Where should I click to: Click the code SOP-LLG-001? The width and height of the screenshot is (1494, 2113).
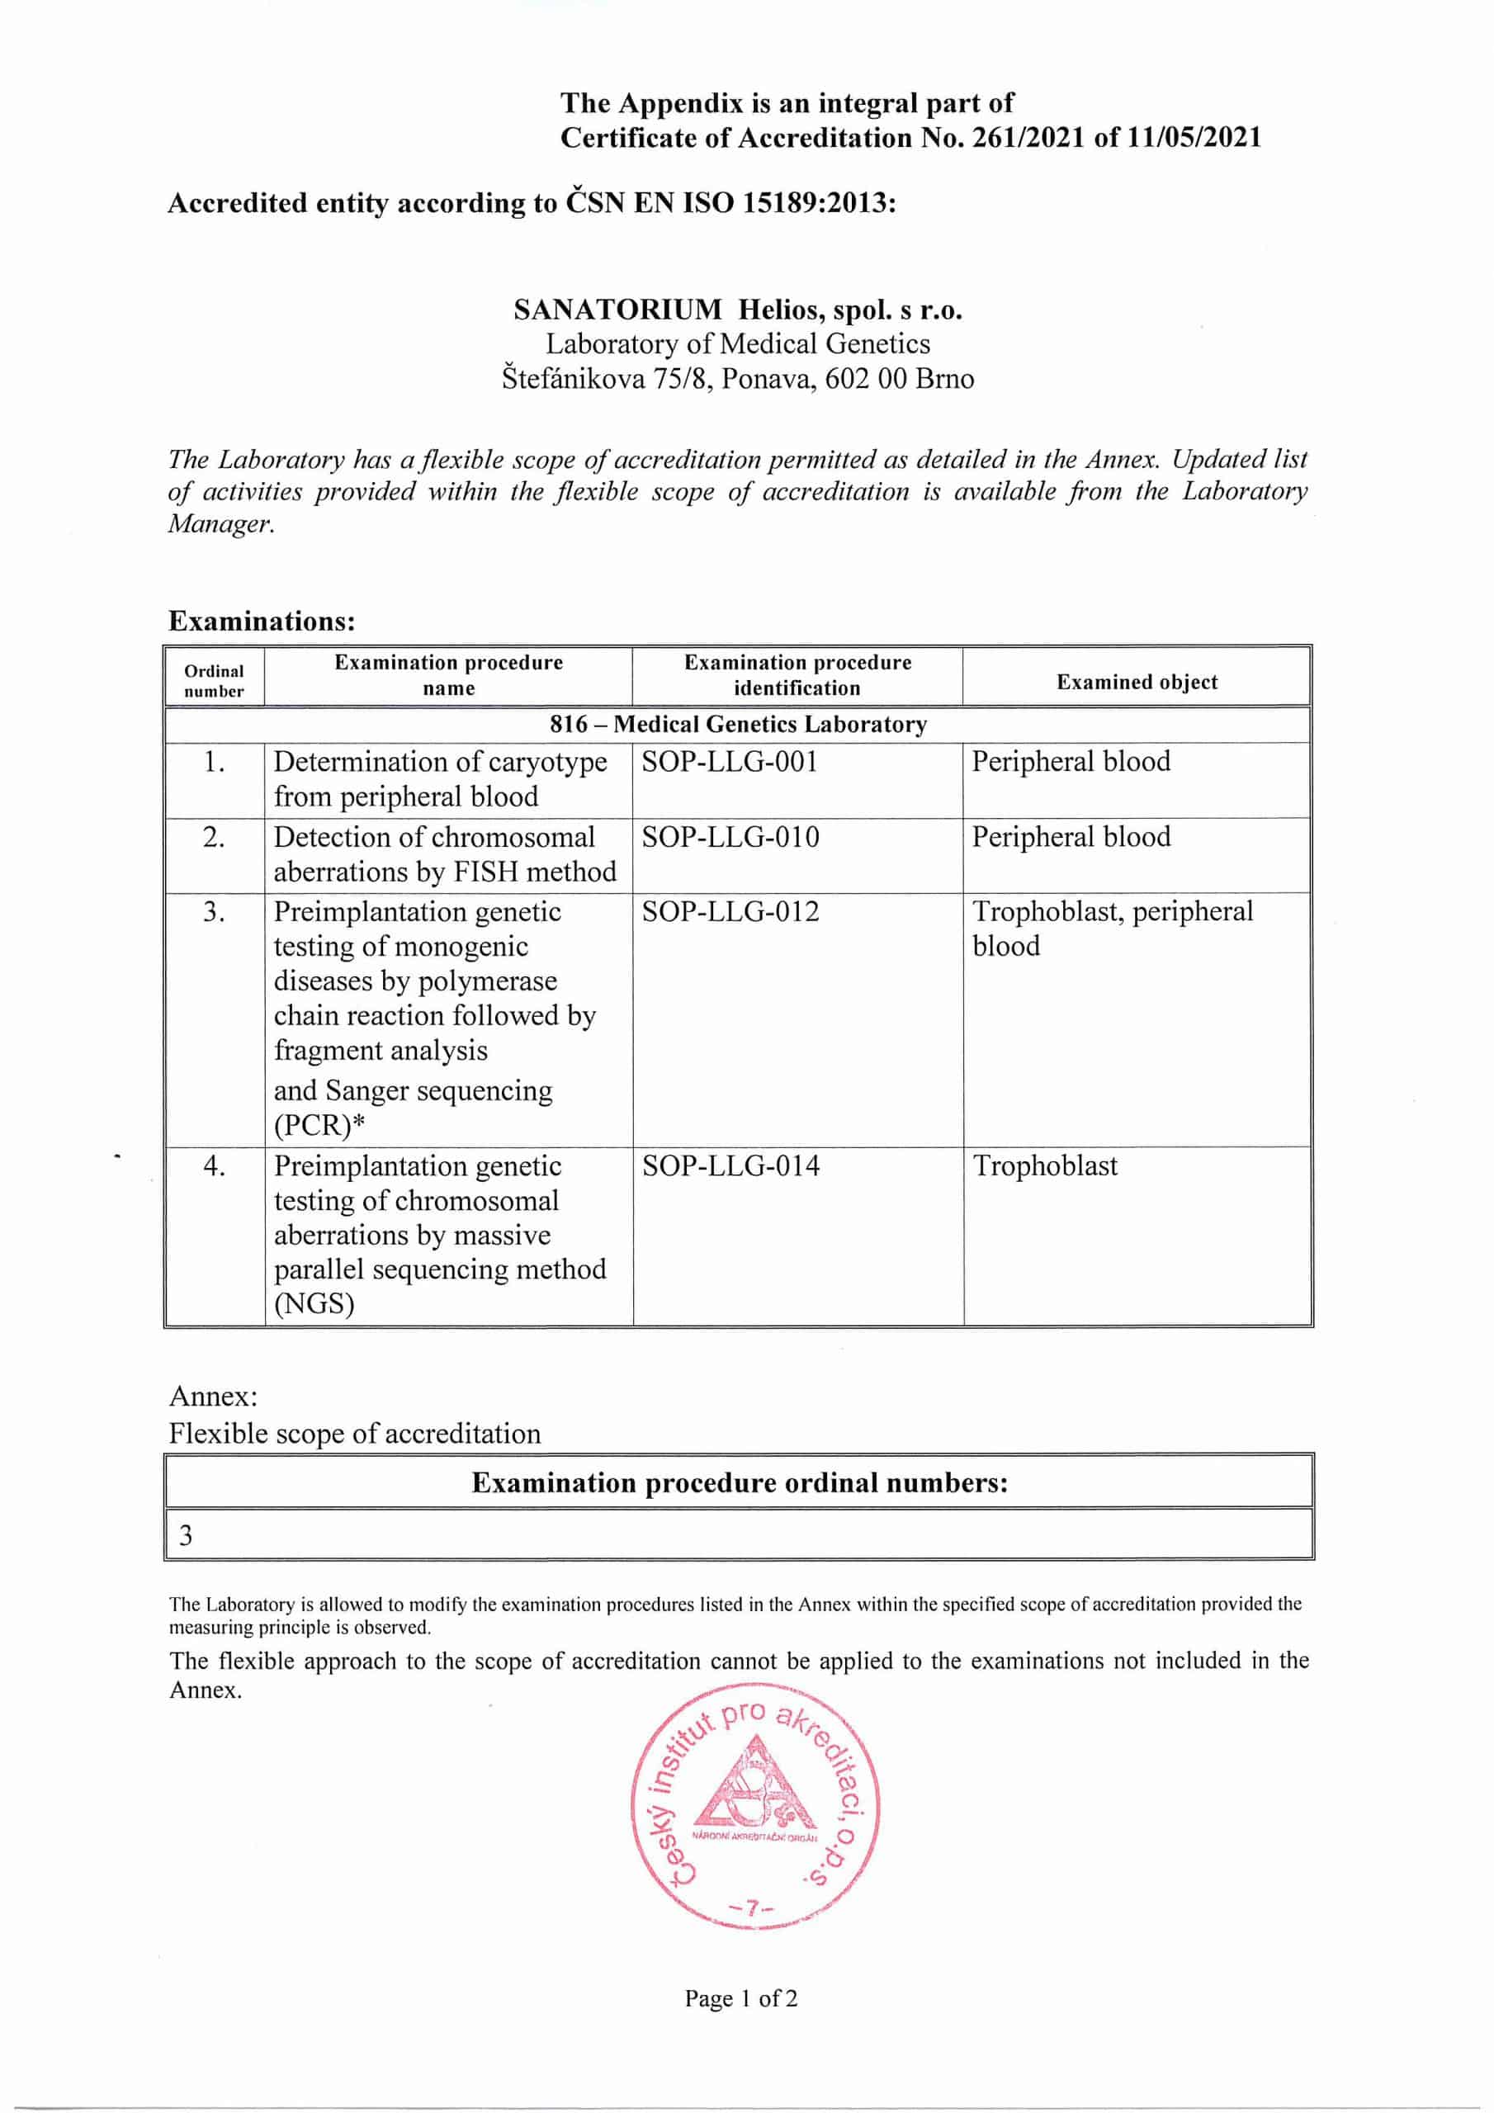[729, 762]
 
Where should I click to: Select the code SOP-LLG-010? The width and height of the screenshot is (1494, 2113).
[730, 838]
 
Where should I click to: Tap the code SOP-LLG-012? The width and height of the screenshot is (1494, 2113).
[730, 912]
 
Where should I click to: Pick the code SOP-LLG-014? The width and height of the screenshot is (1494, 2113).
[730, 1166]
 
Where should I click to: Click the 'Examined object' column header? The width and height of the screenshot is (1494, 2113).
[1136, 682]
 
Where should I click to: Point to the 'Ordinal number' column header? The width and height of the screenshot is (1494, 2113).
[214, 681]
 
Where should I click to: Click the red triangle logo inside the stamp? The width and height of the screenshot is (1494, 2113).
[754, 1784]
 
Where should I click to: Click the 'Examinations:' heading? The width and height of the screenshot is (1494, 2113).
[262, 622]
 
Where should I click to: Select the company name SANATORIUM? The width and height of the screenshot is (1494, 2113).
[617, 310]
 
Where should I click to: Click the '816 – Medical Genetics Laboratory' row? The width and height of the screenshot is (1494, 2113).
[738, 724]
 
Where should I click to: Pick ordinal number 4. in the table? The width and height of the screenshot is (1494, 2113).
[214, 1167]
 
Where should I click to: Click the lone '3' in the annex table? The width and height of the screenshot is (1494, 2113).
[186, 1535]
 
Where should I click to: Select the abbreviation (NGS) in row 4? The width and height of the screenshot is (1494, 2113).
[314, 1304]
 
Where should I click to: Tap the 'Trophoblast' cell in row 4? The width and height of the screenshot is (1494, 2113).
[1045, 1166]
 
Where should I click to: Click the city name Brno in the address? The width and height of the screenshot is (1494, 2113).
[944, 379]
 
